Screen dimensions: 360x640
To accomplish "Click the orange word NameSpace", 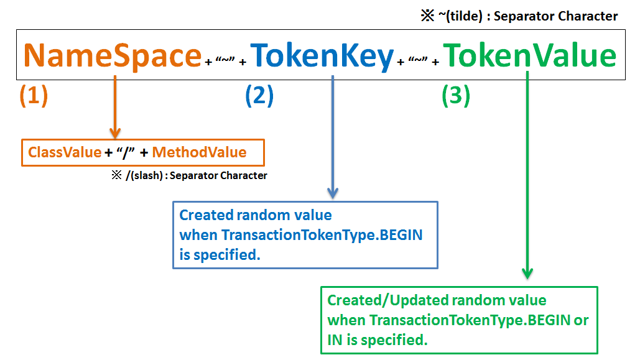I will [113, 56].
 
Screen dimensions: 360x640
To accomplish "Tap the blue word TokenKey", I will [322, 56].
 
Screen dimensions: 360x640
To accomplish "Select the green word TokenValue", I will [529, 56].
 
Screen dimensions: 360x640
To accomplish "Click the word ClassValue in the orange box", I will [65, 152].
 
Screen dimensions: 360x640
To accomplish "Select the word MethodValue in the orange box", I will [199, 152].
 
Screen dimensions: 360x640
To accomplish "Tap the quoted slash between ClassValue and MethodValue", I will [128, 152].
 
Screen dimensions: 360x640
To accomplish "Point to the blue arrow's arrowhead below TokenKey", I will [333, 193].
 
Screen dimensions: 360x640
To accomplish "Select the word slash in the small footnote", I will [146, 175].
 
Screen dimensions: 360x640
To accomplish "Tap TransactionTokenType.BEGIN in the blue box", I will [322, 235].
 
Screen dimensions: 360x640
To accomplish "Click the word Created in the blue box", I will [206, 215].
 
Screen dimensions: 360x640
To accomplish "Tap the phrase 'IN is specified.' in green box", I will [378, 340].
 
